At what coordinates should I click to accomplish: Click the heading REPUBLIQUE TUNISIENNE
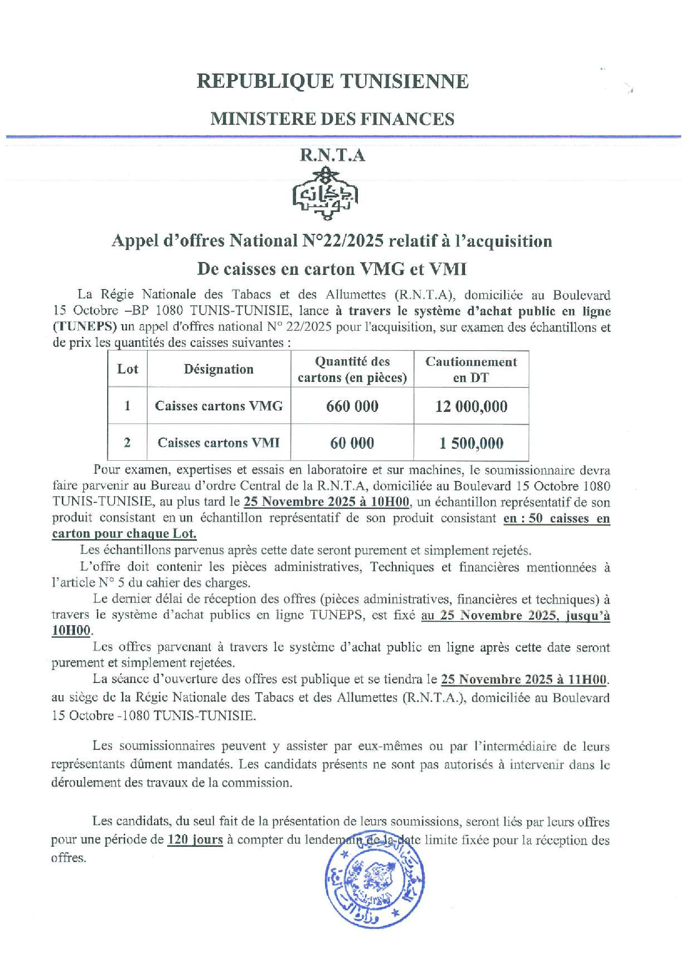tap(332, 81)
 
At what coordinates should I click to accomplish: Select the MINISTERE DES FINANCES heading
tap(332, 119)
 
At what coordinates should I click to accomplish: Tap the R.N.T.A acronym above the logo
tap(332, 156)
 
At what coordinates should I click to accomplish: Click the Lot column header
tap(127, 369)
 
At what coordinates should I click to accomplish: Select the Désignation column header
tap(219, 369)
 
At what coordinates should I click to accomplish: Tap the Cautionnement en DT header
tap(471, 369)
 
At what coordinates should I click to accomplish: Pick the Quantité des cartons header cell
tap(352, 369)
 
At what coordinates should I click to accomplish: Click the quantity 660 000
tap(352, 406)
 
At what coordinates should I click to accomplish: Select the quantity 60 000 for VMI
tap(352, 443)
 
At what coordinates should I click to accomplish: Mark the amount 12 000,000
tap(471, 406)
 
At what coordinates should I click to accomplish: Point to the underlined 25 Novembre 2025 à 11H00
tap(524, 680)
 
